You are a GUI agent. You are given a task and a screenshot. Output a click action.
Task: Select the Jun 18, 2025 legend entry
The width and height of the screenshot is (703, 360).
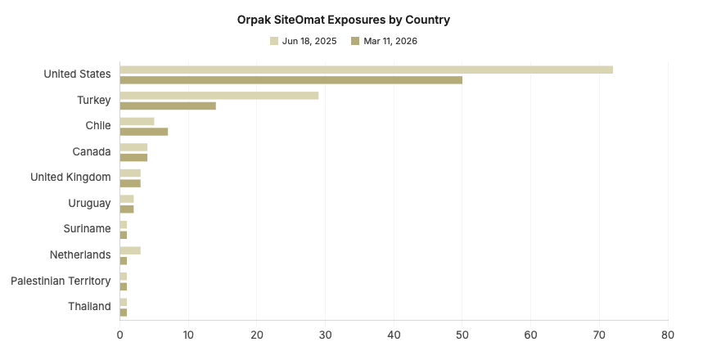pyautogui.click(x=303, y=41)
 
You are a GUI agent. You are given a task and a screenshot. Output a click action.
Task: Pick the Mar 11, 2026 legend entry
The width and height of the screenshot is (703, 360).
pyautogui.click(x=384, y=41)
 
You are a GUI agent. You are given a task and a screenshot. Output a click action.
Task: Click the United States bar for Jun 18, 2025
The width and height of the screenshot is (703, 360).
pyautogui.click(x=366, y=70)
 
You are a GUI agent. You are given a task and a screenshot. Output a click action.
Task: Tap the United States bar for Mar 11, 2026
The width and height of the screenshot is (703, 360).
pyautogui.click(x=291, y=80)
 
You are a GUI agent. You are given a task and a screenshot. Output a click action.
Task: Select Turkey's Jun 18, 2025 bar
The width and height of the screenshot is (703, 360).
pyautogui.click(x=219, y=95)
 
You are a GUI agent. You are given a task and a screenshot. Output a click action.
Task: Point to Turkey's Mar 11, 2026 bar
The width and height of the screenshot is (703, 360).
pyautogui.click(x=168, y=106)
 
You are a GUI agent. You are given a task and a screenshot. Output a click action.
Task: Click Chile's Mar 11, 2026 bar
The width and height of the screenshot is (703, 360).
pyautogui.click(x=143, y=132)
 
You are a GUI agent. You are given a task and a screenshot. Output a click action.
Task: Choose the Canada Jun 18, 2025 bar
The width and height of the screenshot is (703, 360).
pyautogui.click(x=133, y=147)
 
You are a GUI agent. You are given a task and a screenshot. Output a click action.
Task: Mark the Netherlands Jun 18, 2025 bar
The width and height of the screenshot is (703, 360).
pyautogui.click(x=130, y=250)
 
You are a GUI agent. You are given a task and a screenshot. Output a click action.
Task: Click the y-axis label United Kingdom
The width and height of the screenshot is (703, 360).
pyautogui.click(x=70, y=177)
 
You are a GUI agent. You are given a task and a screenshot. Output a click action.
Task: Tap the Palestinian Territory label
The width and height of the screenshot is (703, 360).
pyautogui.click(x=61, y=281)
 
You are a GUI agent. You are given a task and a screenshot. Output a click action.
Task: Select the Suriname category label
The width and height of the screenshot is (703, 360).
pyautogui.click(x=87, y=228)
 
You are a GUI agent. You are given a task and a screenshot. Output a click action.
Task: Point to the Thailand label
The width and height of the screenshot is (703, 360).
pyautogui.click(x=89, y=306)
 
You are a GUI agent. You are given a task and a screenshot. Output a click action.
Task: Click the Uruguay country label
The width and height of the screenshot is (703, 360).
pyautogui.click(x=89, y=203)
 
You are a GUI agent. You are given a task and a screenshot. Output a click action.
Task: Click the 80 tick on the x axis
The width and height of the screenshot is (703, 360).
pyautogui.click(x=668, y=335)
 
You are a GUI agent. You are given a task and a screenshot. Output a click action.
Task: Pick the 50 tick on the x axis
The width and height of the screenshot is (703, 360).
pyautogui.click(x=462, y=335)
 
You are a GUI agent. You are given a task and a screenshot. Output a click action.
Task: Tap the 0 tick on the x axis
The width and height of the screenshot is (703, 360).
pyautogui.click(x=120, y=335)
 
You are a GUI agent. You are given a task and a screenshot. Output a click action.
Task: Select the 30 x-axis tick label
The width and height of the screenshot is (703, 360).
pyautogui.click(x=326, y=335)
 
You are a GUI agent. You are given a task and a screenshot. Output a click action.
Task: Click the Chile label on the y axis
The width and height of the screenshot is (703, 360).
pyautogui.click(x=97, y=125)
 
